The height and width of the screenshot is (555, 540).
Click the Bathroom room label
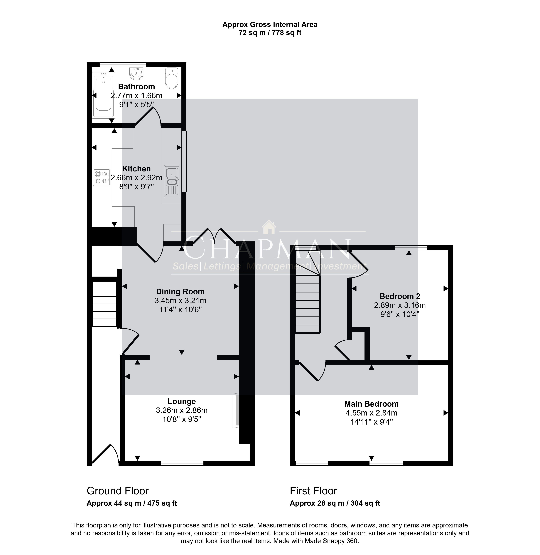(136, 87)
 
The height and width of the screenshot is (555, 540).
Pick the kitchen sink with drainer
(172, 181)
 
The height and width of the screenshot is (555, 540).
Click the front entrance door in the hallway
(105, 453)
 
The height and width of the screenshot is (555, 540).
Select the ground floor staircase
(105, 304)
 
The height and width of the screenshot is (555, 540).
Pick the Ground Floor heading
(118, 491)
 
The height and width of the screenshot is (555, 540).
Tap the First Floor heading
(313, 491)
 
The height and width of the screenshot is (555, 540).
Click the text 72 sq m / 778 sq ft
(270, 33)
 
